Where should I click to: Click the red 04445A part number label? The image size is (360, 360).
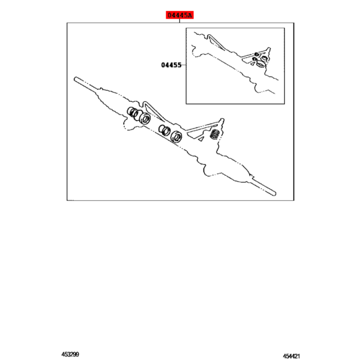(x=180, y=15)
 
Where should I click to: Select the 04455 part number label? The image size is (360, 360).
(x=171, y=65)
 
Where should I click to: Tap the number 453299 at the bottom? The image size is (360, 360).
(x=70, y=355)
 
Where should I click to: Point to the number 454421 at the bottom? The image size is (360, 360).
(x=292, y=356)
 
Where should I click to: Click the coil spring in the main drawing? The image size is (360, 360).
(x=215, y=134)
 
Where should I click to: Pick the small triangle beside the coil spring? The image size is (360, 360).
(x=201, y=139)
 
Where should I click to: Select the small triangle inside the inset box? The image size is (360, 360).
(x=253, y=64)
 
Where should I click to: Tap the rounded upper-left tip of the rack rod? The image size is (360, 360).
(x=76, y=79)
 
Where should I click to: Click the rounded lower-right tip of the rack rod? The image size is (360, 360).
(x=275, y=194)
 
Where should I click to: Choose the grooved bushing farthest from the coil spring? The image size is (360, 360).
(x=133, y=112)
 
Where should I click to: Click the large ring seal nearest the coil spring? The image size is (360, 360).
(x=176, y=137)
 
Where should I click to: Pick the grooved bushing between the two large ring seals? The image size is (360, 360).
(x=164, y=130)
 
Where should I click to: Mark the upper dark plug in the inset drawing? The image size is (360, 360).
(x=257, y=55)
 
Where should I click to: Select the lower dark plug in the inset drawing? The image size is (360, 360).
(x=254, y=59)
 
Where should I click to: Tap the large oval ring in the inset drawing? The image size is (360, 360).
(x=261, y=64)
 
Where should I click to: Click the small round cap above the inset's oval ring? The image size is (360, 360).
(x=264, y=59)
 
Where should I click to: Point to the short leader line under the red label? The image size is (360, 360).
(x=179, y=21)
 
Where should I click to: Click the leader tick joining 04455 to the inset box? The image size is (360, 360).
(x=184, y=65)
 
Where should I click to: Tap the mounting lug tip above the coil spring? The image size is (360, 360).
(x=222, y=120)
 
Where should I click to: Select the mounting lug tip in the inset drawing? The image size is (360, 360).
(x=269, y=49)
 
